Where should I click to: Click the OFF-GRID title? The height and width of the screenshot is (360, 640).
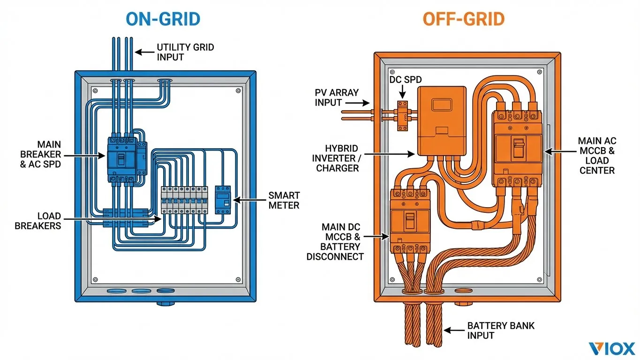463,19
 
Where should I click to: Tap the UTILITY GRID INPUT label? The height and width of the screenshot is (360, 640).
185,52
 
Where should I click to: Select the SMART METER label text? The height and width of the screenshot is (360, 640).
283,200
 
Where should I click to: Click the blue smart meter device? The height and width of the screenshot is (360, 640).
223,200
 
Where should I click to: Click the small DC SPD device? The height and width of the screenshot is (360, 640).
402,115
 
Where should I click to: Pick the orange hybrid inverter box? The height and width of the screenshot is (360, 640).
442,120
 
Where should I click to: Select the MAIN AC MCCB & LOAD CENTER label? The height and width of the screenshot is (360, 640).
597,155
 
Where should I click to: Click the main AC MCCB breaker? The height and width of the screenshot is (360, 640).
517,148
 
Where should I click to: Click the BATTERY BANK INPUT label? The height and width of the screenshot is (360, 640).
500,330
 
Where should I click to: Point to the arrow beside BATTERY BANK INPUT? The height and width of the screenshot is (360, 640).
453,330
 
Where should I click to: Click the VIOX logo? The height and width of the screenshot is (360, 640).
611,348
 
